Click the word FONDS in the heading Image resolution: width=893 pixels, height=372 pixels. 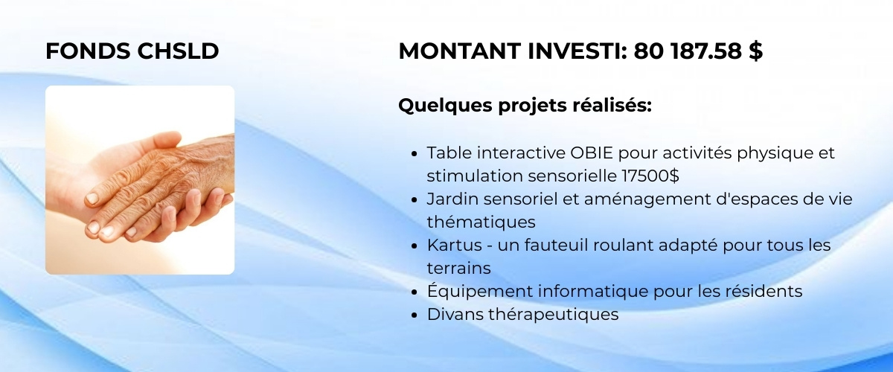click(88, 51)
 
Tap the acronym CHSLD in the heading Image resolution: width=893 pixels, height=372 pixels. click(178, 51)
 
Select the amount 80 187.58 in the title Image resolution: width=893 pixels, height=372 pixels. click(688, 51)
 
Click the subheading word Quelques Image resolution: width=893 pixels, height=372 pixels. click(445, 106)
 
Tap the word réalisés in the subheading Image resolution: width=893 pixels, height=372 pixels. click(612, 105)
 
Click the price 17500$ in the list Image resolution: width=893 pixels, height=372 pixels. click(650, 176)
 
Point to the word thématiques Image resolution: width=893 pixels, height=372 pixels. click(481, 222)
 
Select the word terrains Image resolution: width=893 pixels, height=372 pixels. click(459, 269)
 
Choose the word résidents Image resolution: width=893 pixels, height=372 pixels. click(764, 291)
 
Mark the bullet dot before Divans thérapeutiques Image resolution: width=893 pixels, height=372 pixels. click(414, 315)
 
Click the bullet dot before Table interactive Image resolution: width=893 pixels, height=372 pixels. click(414, 153)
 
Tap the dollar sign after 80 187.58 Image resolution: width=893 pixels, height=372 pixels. click(755, 51)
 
